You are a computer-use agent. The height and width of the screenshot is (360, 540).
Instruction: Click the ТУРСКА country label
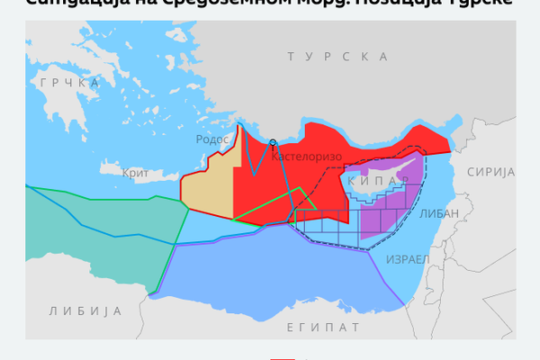(337, 57)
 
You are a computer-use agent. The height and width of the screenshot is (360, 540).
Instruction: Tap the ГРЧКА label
(69, 83)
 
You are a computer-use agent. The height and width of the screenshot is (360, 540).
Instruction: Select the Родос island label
(213, 139)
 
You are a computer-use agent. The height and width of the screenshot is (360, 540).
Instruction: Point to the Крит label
(135, 171)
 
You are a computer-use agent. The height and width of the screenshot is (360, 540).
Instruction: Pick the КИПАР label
(372, 180)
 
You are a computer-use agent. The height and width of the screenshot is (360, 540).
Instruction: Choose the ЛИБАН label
(439, 213)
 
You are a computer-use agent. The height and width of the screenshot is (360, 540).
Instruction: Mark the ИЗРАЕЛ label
(408, 259)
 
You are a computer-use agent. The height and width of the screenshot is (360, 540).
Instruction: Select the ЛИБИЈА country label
(85, 310)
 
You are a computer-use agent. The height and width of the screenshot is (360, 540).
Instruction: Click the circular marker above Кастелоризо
(273, 142)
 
